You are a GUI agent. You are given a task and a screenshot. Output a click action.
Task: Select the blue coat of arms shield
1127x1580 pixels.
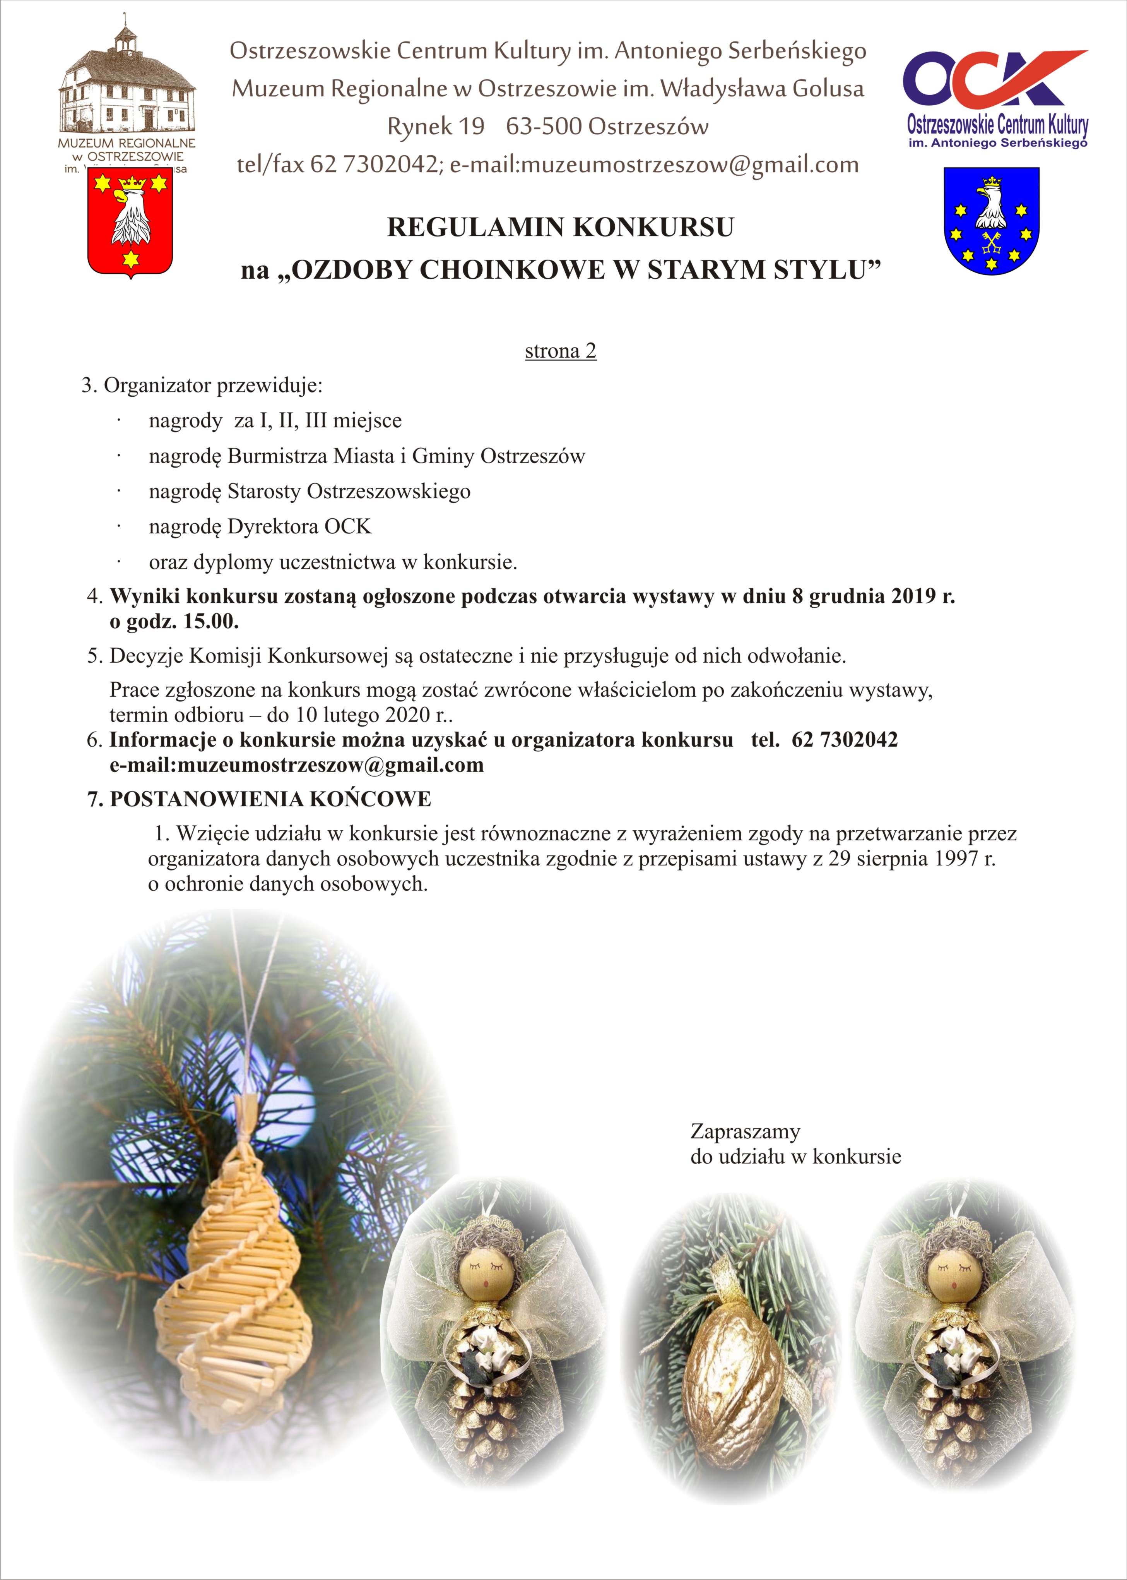tap(991, 221)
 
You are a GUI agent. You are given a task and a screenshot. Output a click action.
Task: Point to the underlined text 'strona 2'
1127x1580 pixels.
tap(561, 351)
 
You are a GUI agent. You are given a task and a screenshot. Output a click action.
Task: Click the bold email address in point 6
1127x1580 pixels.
tap(296, 766)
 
